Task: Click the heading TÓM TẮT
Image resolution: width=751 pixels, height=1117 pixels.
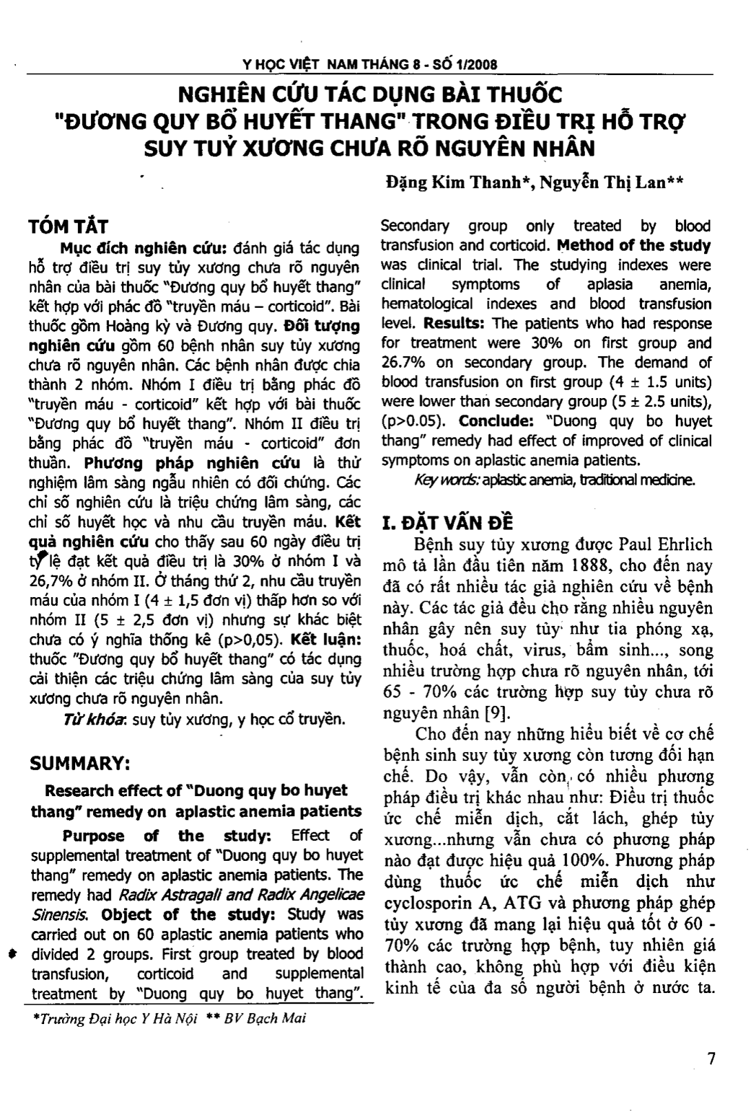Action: [68, 227]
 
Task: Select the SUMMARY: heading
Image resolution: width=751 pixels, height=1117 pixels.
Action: [81, 764]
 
